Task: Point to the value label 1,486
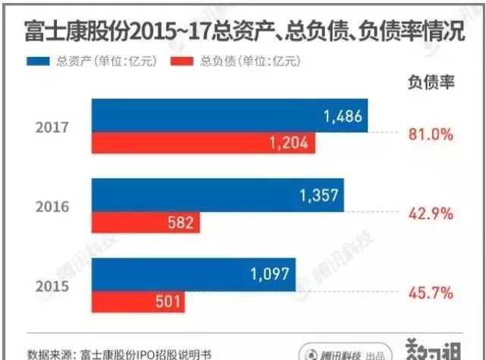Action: pos(343,116)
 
